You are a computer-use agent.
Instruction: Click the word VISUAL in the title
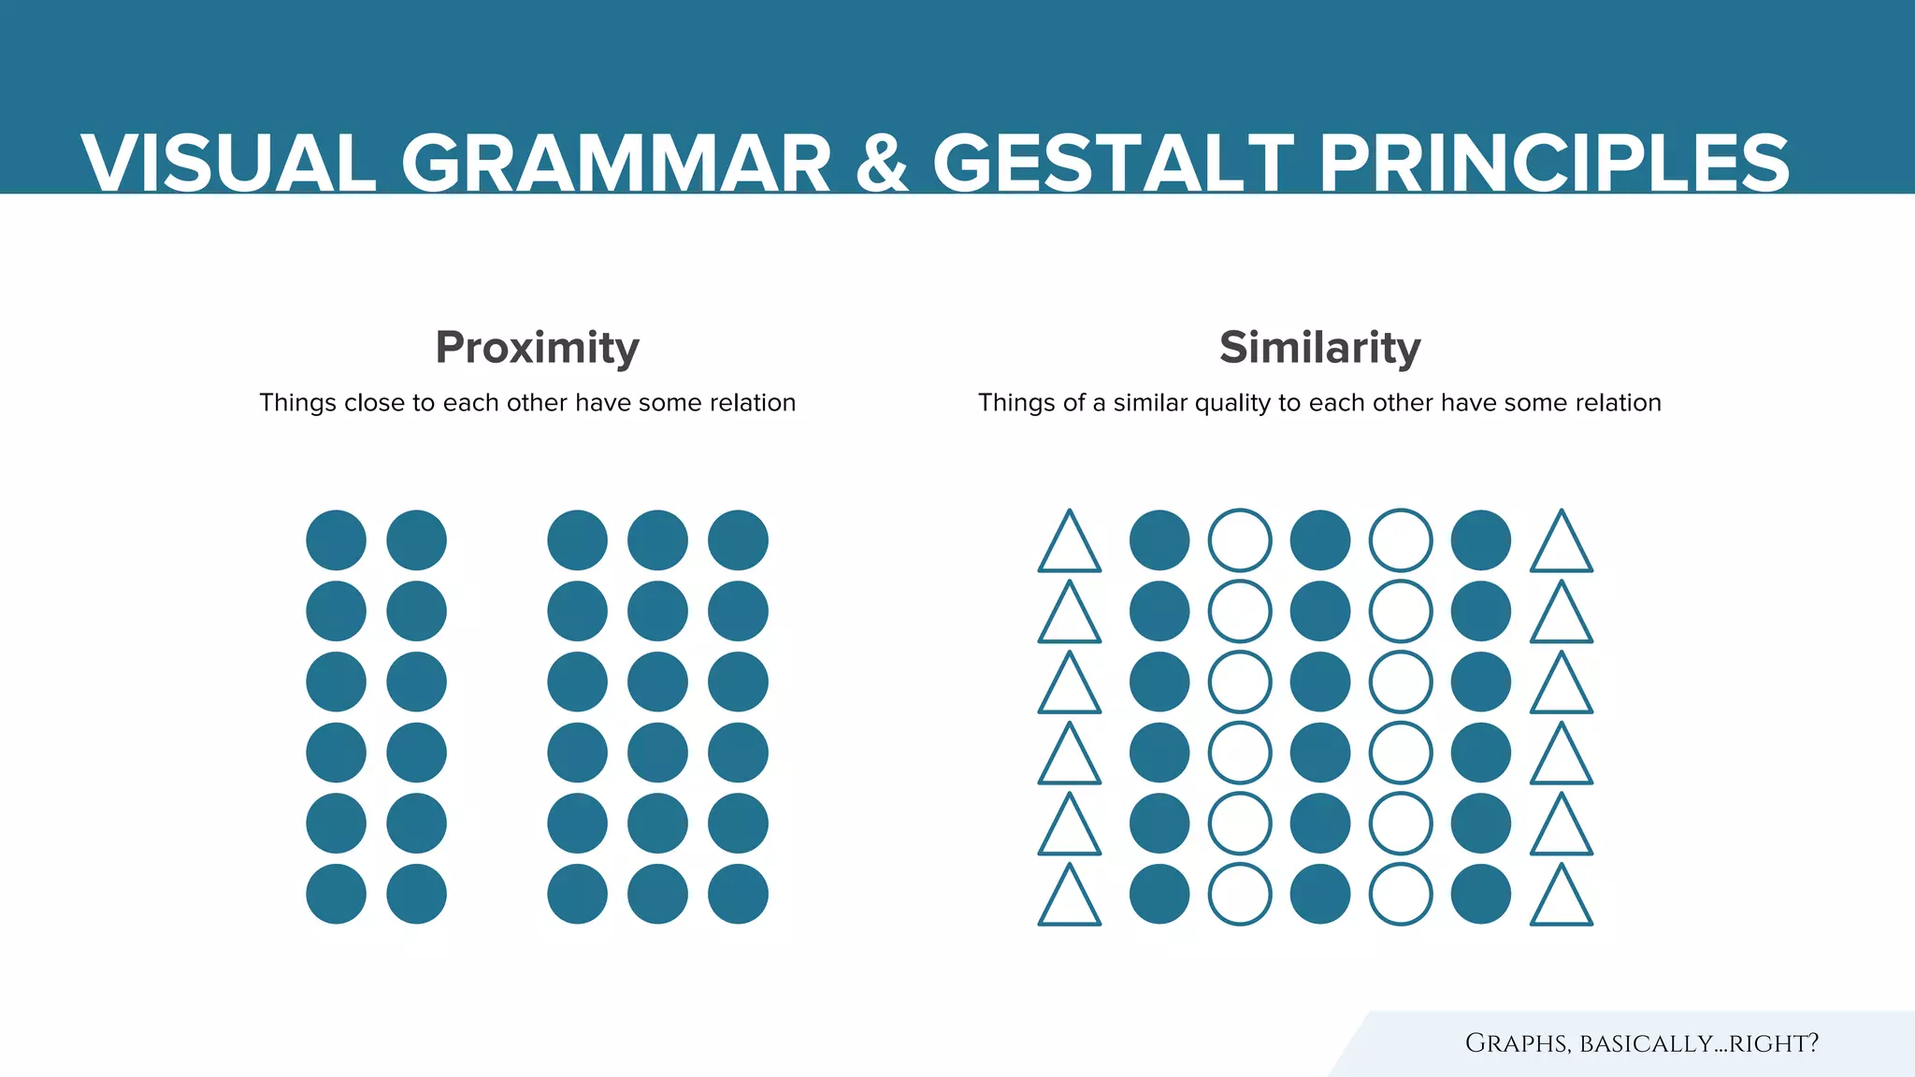tap(228, 164)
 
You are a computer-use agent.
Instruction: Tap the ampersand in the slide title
tap(881, 164)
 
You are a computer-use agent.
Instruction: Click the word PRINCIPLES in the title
tap(1553, 164)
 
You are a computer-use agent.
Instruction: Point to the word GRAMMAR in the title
tap(616, 164)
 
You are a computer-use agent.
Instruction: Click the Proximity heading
tap(537, 347)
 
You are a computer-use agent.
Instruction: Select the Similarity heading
tap(1319, 347)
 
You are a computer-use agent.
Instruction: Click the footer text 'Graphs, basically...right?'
tap(1641, 1043)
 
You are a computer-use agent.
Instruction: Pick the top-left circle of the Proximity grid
tap(336, 540)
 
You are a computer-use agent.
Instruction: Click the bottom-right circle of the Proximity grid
tap(738, 894)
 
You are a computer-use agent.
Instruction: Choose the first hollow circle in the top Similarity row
tap(1240, 540)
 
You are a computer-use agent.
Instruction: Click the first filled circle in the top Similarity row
tap(1159, 540)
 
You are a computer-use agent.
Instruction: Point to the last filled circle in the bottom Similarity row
tap(1481, 894)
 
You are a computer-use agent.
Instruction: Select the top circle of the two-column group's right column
tap(416, 540)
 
